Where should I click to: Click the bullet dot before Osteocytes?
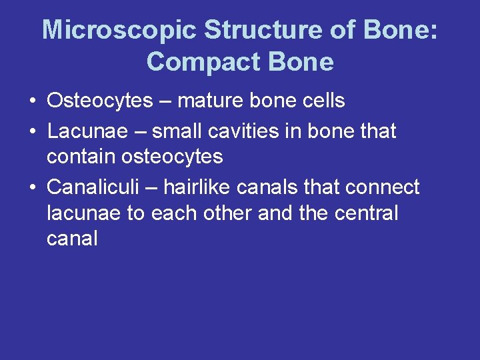click(33, 101)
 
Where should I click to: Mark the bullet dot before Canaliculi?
click(33, 188)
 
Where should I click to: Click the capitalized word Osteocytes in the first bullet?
click(100, 101)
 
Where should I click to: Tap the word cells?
click(323, 101)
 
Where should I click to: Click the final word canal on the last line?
click(72, 239)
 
